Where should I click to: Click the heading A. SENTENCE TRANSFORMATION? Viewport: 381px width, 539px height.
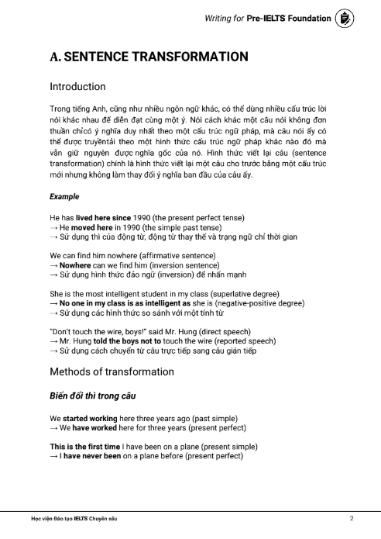coord(149,57)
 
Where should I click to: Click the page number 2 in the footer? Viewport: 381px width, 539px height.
coord(352,517)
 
